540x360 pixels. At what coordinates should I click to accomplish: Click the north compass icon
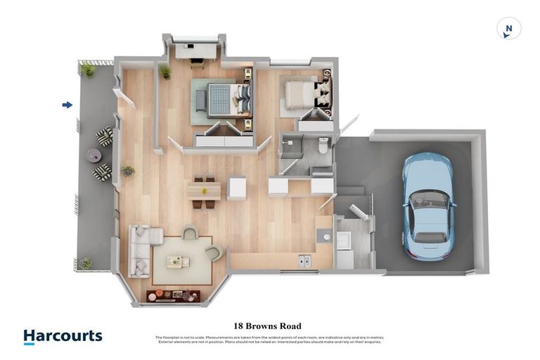pos(508,29)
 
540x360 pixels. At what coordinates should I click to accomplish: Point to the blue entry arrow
pos(67,105)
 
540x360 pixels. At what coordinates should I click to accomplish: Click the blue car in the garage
pos(426,206)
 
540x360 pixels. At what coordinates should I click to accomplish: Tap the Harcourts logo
pos(63,337)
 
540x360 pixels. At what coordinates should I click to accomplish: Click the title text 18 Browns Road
pos(267,326)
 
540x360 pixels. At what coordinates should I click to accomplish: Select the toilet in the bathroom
pos(323,146)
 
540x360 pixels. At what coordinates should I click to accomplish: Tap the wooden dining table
pos(204,190)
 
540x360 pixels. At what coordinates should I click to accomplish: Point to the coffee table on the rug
pos(178,262)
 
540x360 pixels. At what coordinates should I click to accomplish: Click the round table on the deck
pos(94,155)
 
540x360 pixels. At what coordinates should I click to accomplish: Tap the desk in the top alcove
pos(196,51)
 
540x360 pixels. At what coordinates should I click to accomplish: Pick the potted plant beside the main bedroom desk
pos(165,72)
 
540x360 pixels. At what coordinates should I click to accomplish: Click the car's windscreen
pos(427,198)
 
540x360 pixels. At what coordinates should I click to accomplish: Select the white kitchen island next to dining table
pos(237,188)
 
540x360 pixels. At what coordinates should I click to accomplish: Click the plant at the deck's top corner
pos(88,69)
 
